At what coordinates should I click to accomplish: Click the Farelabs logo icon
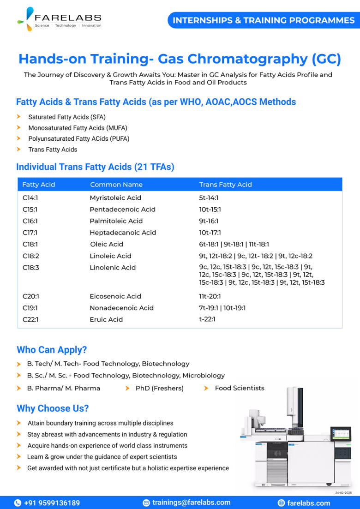[x=25, y=19]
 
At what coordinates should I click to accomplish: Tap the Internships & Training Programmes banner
[x=264, y=20]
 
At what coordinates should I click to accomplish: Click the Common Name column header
[x=116, y=185]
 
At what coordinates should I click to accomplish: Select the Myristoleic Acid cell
[x=115, y=198]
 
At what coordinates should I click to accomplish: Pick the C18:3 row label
[x=30, y=267]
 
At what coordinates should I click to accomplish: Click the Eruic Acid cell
[x=106, y=319]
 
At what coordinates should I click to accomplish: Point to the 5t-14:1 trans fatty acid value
[x=209, y=198]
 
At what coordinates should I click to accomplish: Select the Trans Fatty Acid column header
[x=225, y=185]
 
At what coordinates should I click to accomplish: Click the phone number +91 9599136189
[x=52, y=503]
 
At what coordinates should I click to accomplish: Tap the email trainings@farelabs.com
[x=191, y=503]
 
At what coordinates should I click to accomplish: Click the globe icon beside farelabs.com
[x=281, y=503]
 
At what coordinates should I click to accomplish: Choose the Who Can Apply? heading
[x=52, y=350]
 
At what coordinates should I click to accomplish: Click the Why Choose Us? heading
[x=53, y=408]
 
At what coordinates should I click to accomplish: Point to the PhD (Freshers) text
[x=159, y=388]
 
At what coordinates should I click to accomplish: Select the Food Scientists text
[x=240, y=388]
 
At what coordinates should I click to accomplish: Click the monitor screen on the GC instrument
[x=341, y=434]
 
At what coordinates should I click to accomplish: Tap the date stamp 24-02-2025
[x=343, y=493]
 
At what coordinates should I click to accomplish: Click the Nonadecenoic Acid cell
[x=119, y=308]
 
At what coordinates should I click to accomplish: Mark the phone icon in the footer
[x=18, y=503]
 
